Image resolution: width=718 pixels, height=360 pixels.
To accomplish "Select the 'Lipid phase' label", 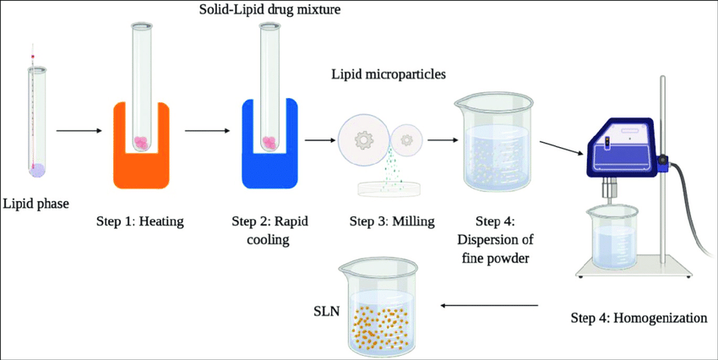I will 35,203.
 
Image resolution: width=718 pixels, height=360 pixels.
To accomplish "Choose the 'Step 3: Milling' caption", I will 391,222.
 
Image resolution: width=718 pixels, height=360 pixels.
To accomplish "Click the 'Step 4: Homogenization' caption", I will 639,319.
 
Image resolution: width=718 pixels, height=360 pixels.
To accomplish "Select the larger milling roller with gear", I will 365,139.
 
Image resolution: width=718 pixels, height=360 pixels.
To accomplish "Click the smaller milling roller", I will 410,139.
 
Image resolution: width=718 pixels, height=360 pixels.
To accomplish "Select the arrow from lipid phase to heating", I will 79,131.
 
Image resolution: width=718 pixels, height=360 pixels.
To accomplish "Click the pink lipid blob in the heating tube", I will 142,144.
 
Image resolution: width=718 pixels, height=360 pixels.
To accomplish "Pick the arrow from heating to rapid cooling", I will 207,131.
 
